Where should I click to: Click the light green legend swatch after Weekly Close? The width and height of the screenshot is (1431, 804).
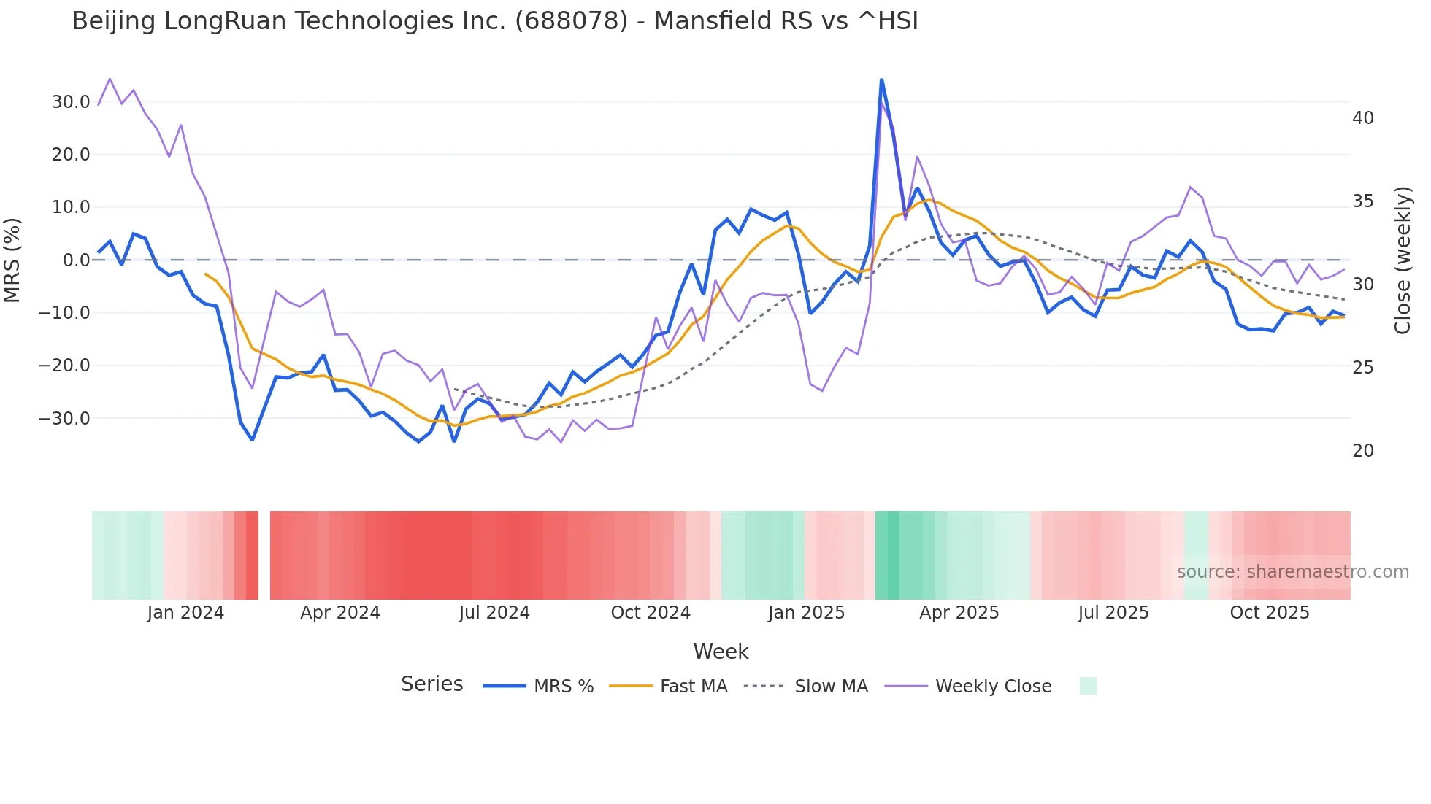pos(1088,686)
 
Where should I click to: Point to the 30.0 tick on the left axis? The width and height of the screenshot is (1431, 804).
pos(71,102)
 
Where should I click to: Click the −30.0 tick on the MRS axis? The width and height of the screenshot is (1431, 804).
pos(64,419)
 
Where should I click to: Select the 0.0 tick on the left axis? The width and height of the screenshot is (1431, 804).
pos(77,260)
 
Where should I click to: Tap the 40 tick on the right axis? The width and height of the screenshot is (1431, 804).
pos(1362,118)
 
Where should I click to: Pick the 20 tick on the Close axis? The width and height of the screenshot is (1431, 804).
pos(1362,451)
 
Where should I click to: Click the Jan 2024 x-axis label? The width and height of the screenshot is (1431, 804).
pos(185,613)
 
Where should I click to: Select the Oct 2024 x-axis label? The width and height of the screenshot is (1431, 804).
pos(651,613)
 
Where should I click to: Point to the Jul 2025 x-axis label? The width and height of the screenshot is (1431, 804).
pos(1113,613)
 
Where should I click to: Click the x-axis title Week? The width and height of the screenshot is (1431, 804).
pos(721,652)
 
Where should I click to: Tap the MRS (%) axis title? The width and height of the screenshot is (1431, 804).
pos(12,260)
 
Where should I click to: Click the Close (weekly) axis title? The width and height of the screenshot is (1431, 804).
pos(1403,260)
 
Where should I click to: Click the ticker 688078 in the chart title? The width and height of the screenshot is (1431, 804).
pos(571,21)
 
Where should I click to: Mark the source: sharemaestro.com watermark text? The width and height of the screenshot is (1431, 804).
pos(1292,572)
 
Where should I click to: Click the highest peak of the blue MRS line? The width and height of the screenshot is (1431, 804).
pos(881,80)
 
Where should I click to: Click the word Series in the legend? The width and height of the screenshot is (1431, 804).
pos(431,684)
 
